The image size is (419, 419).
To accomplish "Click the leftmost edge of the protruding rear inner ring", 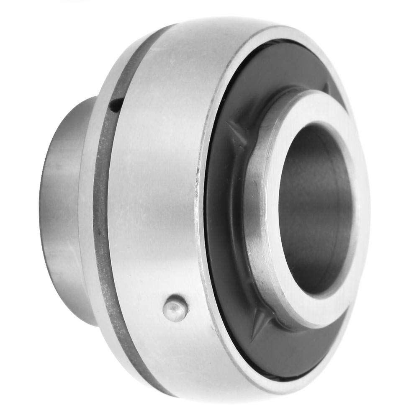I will (x=42, y=209).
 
